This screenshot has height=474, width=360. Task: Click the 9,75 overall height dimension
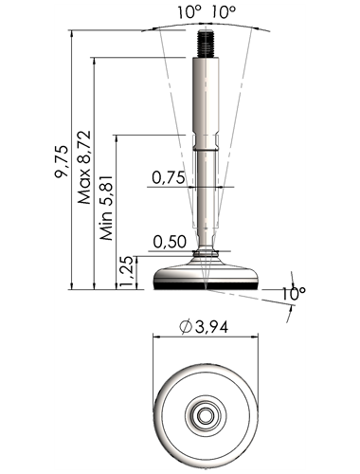tap(61, 161)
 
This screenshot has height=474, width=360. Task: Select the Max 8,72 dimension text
tap(84, 167)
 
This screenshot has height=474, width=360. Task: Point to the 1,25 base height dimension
tap(127, 272)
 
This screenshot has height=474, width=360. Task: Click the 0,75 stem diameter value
tap(169, 177)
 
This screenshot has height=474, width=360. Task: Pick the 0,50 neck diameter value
tap(170, 242)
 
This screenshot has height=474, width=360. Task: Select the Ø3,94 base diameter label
tap(204, 327)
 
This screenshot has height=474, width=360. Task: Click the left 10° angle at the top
tap(189, 12)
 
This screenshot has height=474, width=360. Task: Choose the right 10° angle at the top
tap(224, 12)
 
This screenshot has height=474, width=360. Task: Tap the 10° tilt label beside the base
tap(294, 294)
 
